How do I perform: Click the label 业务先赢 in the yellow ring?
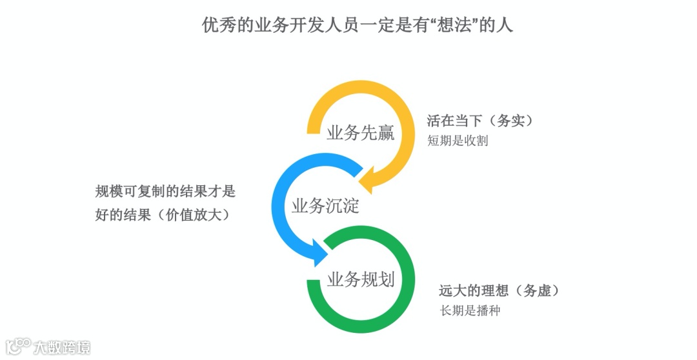click(360, 134)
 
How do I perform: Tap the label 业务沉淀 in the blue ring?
click(325, 206)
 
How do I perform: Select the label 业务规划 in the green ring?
click(360, 280)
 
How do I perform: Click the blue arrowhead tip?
click(328, 256)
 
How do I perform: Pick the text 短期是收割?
click(457, 141)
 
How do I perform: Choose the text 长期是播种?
click(470, 310)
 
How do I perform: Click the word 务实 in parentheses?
click(517, 121)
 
